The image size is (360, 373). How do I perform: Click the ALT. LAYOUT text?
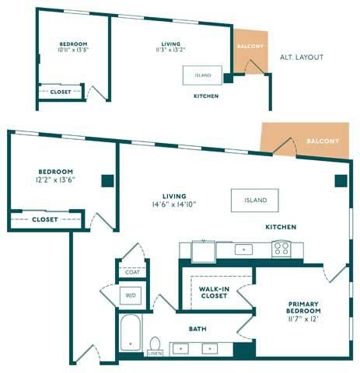click(302, 58)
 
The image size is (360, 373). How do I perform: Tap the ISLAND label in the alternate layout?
click(203, 75)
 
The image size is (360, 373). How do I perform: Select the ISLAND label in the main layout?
click(255, 200)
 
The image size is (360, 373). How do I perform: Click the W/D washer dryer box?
click(131, 295)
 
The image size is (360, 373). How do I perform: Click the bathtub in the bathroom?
click(131, 333)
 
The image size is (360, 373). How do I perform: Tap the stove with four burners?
click(281, 249)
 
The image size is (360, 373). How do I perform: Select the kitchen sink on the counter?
click(243, 249)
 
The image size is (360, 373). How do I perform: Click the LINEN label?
click(155, 354)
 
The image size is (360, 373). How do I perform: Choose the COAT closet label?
click(132, 272)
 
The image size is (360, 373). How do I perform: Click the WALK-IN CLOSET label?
click(214, 292)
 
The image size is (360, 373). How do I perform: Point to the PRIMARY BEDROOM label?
click(303, 308)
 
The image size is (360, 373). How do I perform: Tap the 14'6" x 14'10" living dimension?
click(174, 204)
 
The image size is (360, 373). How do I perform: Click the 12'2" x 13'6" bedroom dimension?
click(55, 180)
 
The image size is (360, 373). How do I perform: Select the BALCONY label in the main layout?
click(323, 141)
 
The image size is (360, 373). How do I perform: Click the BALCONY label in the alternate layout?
click(250, 47)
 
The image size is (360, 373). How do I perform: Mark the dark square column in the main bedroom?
click(107, 181)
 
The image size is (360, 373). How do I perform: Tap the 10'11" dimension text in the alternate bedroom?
click(65, 50)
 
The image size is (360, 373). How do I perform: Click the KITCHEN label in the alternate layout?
click(206, 96)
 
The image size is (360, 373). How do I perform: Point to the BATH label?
click(197, 329)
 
